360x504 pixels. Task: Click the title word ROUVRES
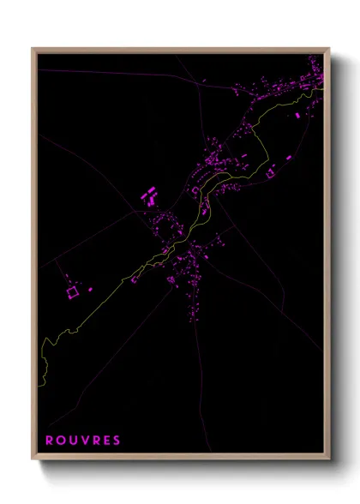tap(83, 441)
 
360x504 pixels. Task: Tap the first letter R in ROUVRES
tap(49, 441)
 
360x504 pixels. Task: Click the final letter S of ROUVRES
tap(117, 441)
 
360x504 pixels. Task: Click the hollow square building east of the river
tap(270, 174)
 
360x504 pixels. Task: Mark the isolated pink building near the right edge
tap(297, 115)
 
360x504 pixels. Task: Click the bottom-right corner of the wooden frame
tap(329, 461)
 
